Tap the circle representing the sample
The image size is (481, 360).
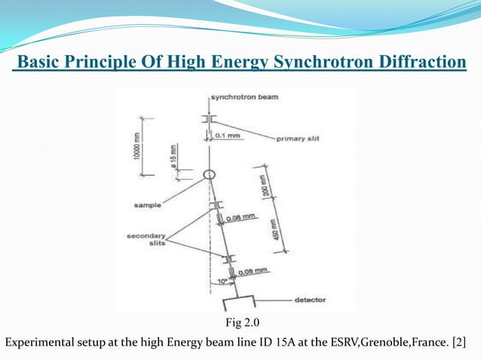tap(210, 175)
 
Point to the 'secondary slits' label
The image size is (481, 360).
tap(145, 239)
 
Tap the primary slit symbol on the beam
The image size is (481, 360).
tap(209, 119)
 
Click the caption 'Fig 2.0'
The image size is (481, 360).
tap(240, 324)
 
